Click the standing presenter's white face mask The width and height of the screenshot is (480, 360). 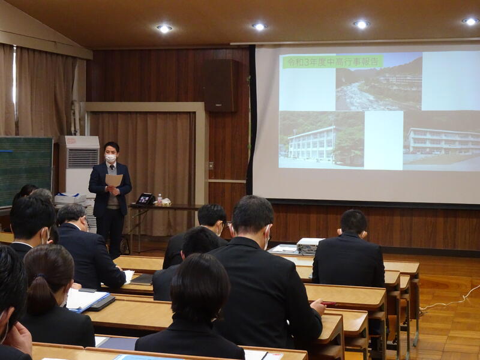(x=110, y=158)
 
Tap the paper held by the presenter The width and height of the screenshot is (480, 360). (x=114, y=180)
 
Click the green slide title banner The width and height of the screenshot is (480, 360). (x=333, y=62)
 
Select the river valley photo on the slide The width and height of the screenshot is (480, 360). (x=379, y=83)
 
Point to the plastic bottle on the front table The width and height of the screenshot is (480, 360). (x=160, y=199)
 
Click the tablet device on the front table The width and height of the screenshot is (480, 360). (x=145, y=199)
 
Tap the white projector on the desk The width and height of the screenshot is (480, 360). (x=308, y=245)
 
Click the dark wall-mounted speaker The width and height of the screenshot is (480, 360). (x=220, y=85)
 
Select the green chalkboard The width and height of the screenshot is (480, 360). (x=26, y=172)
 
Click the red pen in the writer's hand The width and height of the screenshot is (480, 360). (x=328, y=304)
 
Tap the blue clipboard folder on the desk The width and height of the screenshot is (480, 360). (x=87, y=301)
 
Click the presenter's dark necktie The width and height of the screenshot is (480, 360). (x=112, y=167)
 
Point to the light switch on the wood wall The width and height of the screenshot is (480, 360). (x=211, y=166)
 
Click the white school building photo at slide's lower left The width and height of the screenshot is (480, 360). (x=322, y=139)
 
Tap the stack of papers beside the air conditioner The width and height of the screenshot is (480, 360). (x=70, y=199)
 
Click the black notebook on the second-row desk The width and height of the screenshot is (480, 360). (x=142, y=280)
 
